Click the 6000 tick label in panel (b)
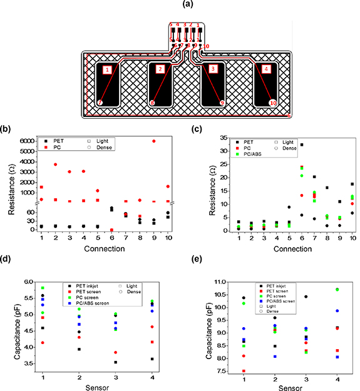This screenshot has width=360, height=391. point(28,141)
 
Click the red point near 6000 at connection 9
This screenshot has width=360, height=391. point(154,141)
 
